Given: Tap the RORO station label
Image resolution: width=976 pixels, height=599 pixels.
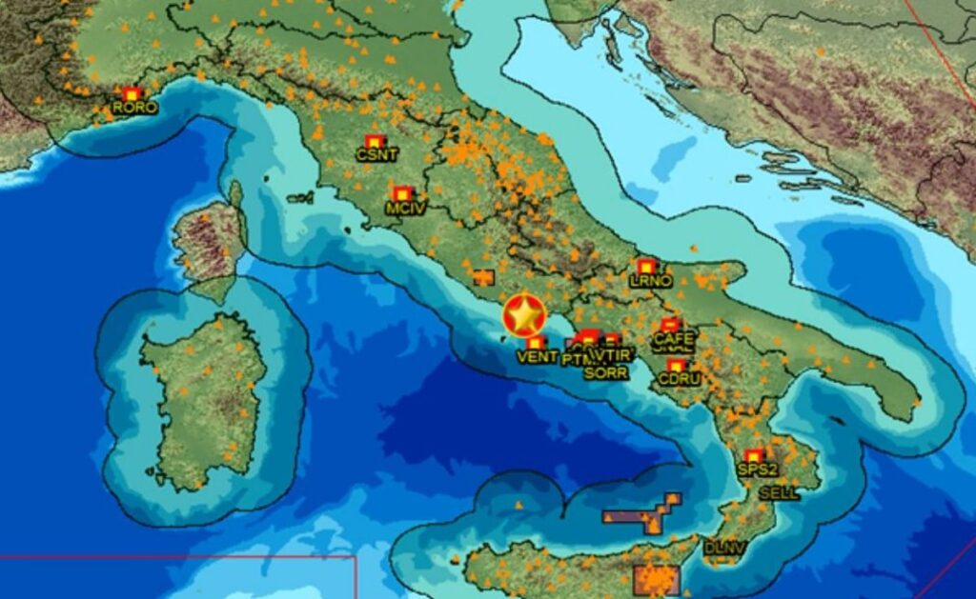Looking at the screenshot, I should tap(134, 108).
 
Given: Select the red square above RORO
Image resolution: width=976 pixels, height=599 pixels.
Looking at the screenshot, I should tap(132, 93).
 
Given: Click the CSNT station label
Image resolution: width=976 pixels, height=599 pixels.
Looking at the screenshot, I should tap(376, 154).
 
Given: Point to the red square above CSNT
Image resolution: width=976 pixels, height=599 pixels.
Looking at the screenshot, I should tap(374, 141).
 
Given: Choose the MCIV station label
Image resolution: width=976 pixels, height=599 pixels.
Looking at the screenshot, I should tap(405, 207).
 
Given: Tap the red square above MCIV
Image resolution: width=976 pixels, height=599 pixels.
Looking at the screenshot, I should tap(401, 193).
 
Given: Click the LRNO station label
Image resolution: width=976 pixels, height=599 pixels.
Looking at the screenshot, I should tap(651, 281).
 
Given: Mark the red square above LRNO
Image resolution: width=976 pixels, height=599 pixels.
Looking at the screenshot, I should tap(646, 267).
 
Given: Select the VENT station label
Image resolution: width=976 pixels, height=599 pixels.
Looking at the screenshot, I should tap(537, 356).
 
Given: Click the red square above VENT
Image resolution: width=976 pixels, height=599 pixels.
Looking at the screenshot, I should tap(536, 342).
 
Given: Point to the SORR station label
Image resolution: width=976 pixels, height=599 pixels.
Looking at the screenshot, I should tap(606, 373).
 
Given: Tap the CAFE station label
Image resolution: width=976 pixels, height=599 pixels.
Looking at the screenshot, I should tap(673, 338).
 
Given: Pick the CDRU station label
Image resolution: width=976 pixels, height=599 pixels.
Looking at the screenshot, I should tap(679, 379).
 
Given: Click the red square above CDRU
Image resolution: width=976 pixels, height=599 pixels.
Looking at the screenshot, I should tap(676, 366).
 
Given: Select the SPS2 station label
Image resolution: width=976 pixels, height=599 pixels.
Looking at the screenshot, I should tap(758, 469).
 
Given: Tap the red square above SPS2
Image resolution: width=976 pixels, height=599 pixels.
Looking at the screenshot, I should tap(754, 455).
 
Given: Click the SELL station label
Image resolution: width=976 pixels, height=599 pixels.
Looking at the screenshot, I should tap(779, 493).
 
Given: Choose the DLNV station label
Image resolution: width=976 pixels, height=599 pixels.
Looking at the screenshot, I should tap(722, 548).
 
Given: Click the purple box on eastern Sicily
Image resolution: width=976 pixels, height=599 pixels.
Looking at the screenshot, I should tap(656, 579).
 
